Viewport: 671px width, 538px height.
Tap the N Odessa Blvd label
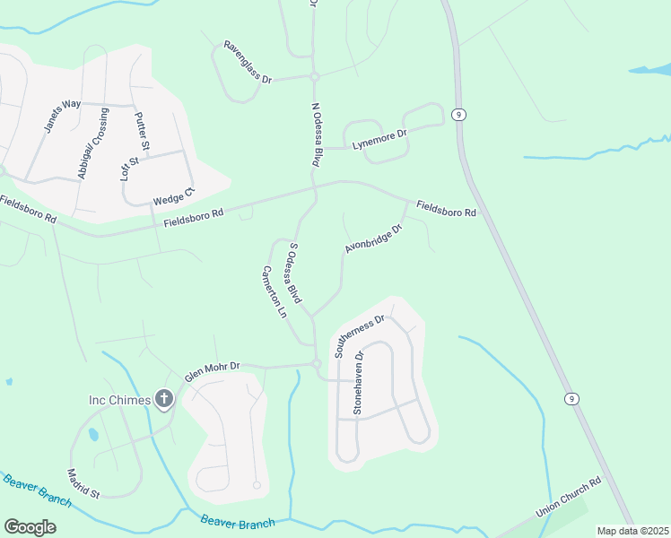pos(316,135)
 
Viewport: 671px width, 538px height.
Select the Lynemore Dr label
pos(379,139)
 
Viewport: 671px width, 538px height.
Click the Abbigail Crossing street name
pos(93,143)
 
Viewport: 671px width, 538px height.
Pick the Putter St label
pos(142,131)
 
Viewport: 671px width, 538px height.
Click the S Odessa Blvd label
pos(294,271)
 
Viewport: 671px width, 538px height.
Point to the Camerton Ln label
pos(274,292)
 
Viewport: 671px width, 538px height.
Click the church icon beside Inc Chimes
pos(163,399)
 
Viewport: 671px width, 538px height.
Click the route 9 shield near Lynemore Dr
pos(458,114)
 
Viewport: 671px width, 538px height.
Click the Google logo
pos(30,526)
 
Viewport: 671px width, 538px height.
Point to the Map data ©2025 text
pos(632,531)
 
